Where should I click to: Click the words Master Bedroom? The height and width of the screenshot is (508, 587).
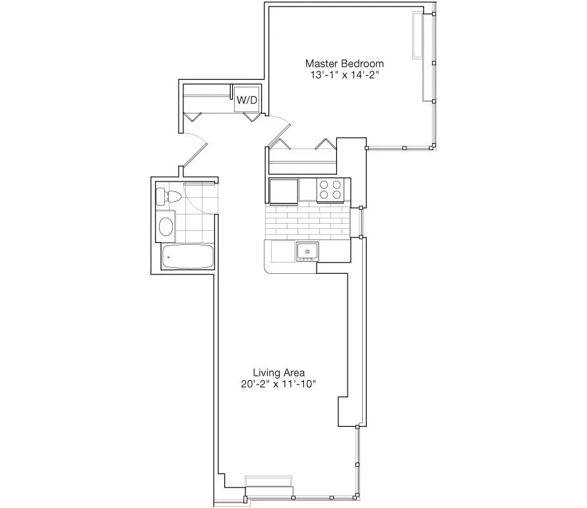pyautogui.click(x=344, y=63)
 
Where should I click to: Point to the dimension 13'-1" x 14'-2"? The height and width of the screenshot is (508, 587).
pyautogui.click(x=344, y=75)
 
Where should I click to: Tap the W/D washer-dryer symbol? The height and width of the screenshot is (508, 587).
pyautogui.click(x=247, y=100)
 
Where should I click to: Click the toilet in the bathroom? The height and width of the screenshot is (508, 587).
pyautogui.click(x=170, y=196)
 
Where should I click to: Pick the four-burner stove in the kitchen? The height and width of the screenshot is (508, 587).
pyautogui.click(x=330, y=190)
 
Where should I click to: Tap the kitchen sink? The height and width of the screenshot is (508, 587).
pyautogui.click(x=307, y=251)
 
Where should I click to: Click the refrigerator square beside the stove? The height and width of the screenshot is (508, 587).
pyautogui.click(x=284, y=191)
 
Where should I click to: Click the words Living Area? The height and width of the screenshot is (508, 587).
pyautogui.click(x=278, y=372)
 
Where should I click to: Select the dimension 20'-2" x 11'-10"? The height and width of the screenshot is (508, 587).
pyautogui.click(x=278, y=385)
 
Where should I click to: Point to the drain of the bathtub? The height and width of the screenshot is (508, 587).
pyautogui.click(x=168, y=256)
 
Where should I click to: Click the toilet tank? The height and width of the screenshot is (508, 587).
pyautogui.click(x=160, y=196)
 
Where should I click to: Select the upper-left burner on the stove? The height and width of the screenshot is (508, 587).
pyautogui.click(x=324, y=185)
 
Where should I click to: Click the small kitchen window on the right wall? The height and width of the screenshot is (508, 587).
pyautogui.click(x=361, y=222)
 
